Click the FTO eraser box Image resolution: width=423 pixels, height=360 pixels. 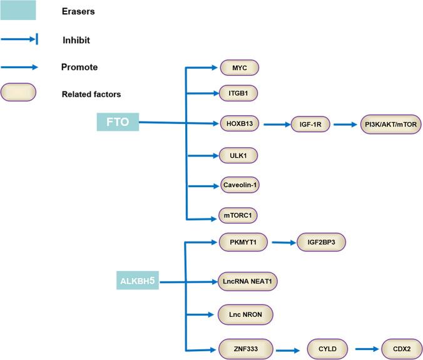click(118, 121)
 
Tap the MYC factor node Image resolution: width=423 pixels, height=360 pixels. click(239, 68)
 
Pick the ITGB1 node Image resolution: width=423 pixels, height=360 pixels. click(239, 93)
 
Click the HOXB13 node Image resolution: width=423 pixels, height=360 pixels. click(239, 123)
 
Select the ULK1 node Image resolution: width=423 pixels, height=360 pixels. click(239, 155)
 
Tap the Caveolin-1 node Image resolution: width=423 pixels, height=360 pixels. click(239, 185)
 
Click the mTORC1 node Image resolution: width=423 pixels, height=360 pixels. click(239, 215)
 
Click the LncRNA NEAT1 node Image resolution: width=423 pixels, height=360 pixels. click(248, 282)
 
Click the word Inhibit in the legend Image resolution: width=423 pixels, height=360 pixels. click(76, 41)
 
